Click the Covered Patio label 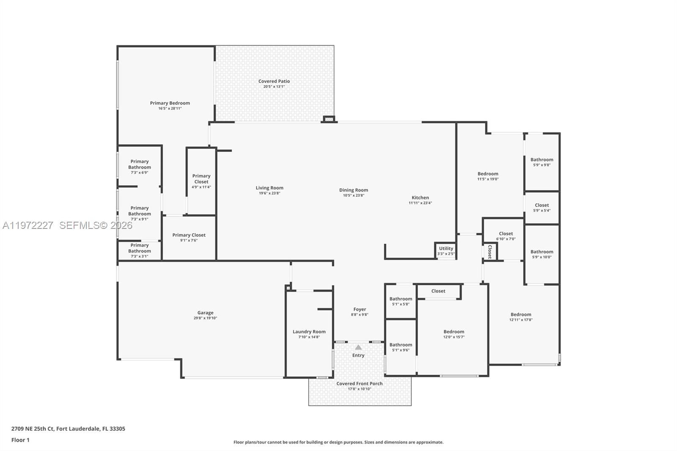[x=274, y=81]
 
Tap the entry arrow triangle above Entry [x=358, y=347]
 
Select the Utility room [x=446, y=250]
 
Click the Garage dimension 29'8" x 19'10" [x=205, y=318]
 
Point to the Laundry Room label [x=309, y=332]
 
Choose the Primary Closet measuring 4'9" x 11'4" [x=201, y=181]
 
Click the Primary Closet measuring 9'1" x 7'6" [x=189, y=237]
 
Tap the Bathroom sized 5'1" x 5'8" [x=401, y=301]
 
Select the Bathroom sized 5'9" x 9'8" [x=542, y=162]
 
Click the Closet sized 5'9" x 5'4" [x=542, y=207]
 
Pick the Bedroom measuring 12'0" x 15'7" [x=454, y=334]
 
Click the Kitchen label [x=420, y=198]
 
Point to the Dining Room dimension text [x=353, y=195]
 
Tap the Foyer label [x=360, y=309]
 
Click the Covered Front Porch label [x=359, y=384]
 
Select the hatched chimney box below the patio [x=329, y=119]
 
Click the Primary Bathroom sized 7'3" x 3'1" [x=140, y=250]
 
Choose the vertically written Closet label [x=490, y=252]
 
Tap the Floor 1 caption [x=20, y=440]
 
